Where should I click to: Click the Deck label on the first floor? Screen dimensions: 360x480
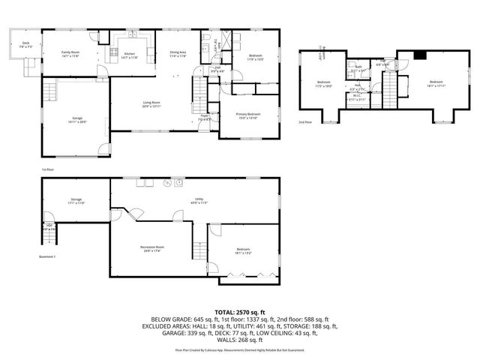(x=25, y=43)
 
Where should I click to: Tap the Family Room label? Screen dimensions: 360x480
(x=70, y=52)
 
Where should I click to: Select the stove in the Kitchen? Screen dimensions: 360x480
(x=114, y=52)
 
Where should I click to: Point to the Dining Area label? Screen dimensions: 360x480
(x=177, y=52)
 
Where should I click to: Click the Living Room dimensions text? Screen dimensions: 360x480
(x=153, y=106)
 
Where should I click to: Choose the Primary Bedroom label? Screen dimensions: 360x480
(x=248, y=114)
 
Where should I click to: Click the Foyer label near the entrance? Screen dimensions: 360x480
(x=203, y=116)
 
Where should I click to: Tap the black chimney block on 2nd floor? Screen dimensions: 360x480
(x=420, y=53)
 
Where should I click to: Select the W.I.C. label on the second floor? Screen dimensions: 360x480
(x=357, y=95)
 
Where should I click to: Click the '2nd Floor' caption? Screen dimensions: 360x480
(x=305, y=121)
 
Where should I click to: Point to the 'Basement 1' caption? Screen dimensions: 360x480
(x=48, y=256)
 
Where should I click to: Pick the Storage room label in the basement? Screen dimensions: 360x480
(x=76, y=199)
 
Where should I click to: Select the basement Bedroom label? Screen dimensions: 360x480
(x=243, y=249)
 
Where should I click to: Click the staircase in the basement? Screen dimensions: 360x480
(x=199, y=251)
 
